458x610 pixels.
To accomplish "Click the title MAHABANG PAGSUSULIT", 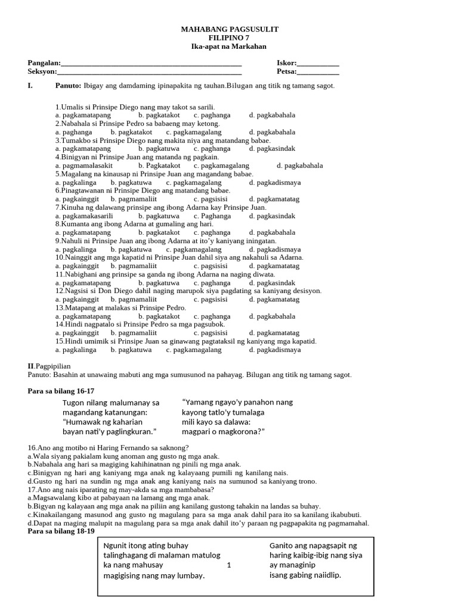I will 230,29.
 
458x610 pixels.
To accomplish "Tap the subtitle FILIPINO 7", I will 230,38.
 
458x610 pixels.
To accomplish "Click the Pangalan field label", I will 44,63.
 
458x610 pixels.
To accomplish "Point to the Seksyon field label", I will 42,72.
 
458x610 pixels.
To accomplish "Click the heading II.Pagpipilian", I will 49,366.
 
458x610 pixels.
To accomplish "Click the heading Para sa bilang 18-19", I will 61,531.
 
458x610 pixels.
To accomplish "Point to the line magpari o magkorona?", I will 223,431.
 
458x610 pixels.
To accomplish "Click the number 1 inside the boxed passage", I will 229,565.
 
